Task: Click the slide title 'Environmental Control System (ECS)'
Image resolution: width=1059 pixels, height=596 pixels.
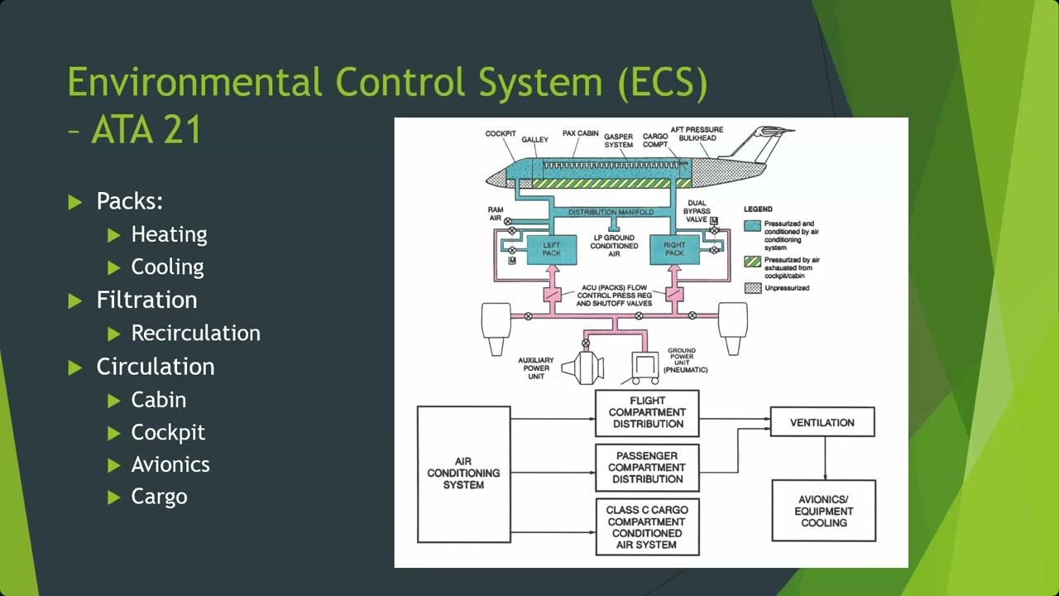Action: [387, 83]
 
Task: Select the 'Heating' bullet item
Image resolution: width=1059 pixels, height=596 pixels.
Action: [169, 234]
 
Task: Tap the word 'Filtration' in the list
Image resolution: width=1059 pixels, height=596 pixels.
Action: [146, 300]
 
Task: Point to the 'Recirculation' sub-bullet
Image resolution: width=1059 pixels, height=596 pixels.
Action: [195, 333]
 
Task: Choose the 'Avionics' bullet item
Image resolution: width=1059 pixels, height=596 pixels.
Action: [170, 464]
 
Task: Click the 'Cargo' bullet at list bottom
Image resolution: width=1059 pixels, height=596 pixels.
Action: [159, 497]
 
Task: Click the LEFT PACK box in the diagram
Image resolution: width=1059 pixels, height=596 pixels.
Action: [551, 249]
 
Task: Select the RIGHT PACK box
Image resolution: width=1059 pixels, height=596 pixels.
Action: [674, 249]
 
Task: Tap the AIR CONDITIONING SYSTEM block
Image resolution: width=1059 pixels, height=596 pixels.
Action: [463, 473]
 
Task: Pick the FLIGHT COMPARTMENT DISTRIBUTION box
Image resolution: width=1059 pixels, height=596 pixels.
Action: [647, 412]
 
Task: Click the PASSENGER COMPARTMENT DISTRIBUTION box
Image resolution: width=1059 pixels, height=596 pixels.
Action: [647, 468]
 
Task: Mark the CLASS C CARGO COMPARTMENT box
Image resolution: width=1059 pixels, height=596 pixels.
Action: [647, 527]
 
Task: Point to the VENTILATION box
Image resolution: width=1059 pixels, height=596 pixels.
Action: [822, 422]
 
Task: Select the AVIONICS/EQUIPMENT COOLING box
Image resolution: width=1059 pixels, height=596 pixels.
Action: [823, 511]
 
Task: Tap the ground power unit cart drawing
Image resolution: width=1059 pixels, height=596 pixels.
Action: [645, 367]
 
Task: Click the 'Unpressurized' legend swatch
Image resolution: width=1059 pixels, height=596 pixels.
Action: [752, 288]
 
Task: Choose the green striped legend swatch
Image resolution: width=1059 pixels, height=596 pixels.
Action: [752, 262]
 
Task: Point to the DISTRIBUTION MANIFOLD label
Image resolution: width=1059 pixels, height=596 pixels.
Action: [611, 213]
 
